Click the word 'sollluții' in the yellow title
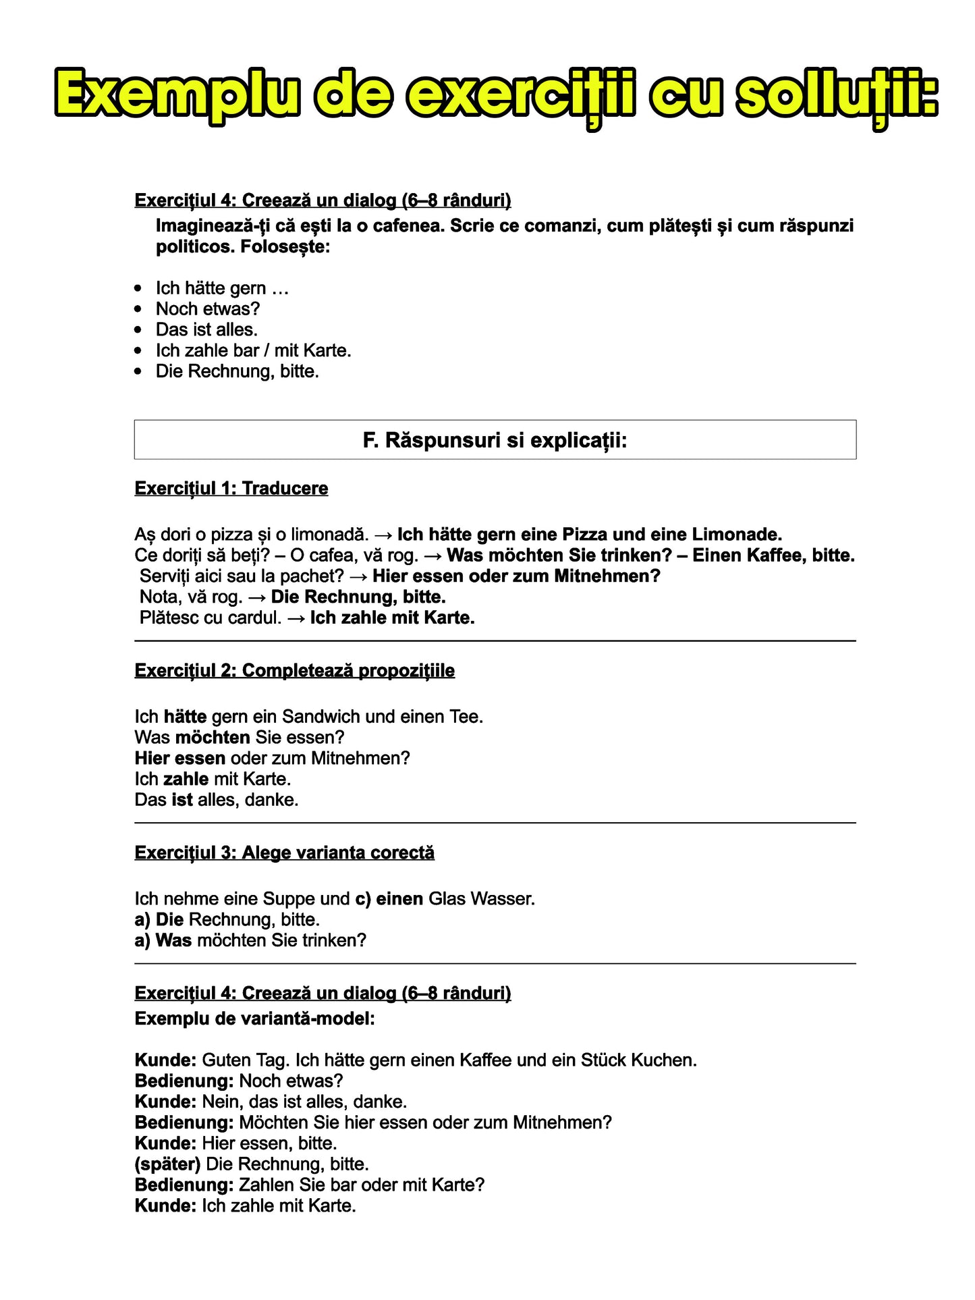click(835, 95)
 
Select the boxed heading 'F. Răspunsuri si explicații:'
click(495, 441)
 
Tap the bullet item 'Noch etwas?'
click(207, 309)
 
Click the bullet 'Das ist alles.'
click(206, 330)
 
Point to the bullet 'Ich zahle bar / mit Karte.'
click(253, 351)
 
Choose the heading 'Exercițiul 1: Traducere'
click(231, 489)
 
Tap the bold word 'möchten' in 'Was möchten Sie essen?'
click(213, 738)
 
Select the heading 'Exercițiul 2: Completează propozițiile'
click(294, 671)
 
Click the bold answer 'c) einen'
click(389, 899)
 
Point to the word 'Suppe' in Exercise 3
click(289, 899)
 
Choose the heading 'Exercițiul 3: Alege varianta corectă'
click(284, 853)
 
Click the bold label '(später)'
click(167, 1164)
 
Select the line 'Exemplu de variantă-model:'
click(254, 1019)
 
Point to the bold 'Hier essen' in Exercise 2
click(179, 759)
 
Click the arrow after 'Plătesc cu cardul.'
click(296, 618)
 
